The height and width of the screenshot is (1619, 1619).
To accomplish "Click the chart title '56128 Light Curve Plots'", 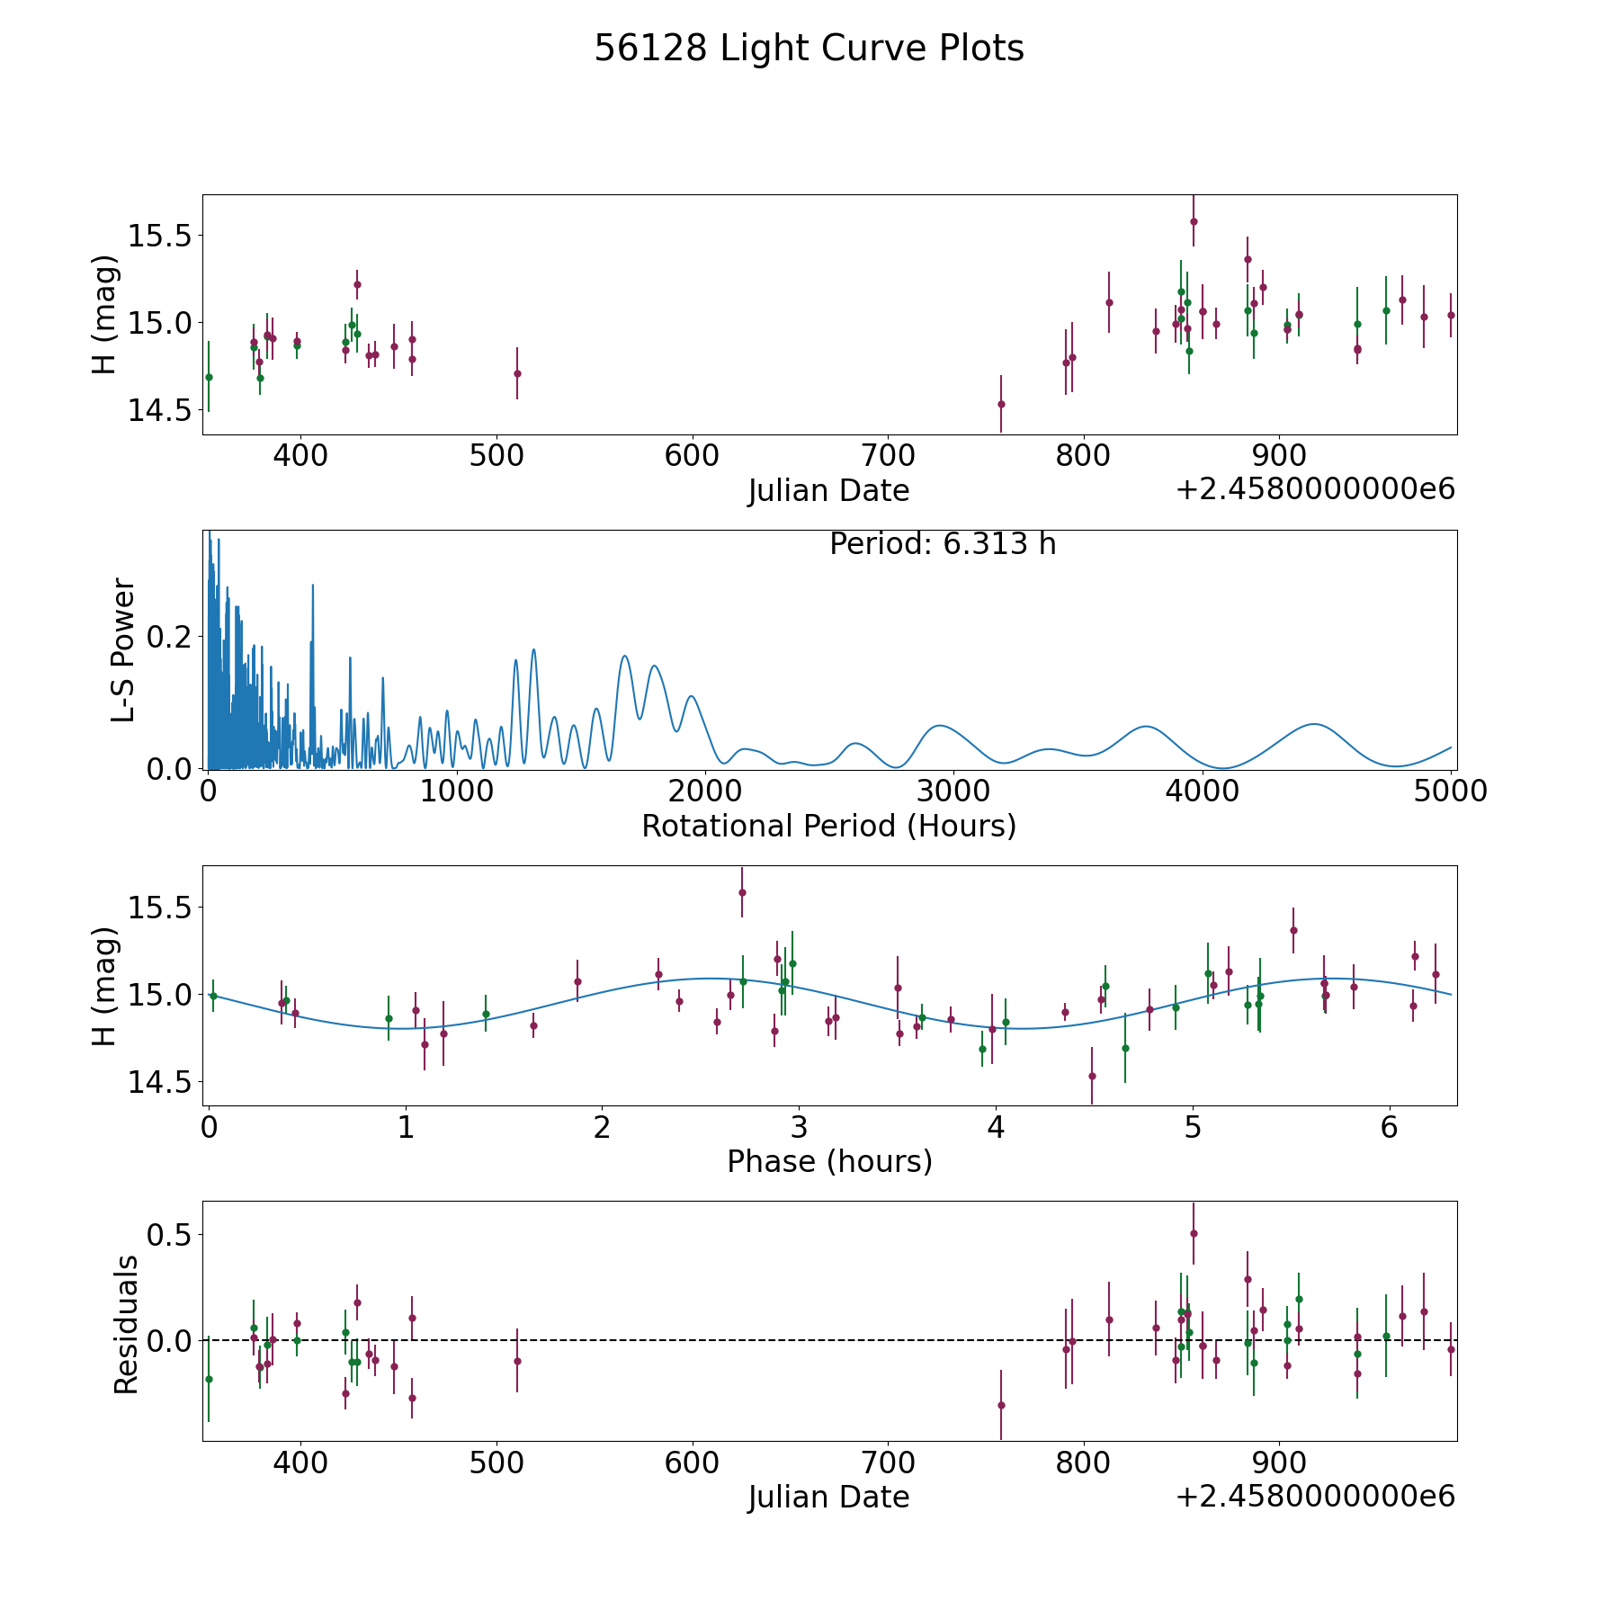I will [809, 49].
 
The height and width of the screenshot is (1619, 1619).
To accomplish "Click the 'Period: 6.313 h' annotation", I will [942, 544].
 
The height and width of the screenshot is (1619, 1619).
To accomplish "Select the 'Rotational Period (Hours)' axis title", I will [828, 826].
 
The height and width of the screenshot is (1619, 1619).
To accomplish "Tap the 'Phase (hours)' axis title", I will [828, 1161].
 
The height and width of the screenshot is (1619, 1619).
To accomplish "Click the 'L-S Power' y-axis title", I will [123, 649].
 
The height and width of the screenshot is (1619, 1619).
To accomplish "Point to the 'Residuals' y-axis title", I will [126, 1324].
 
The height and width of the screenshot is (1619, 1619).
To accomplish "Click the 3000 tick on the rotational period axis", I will [953, 792].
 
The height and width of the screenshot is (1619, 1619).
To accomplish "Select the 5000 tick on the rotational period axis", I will [1450, 792].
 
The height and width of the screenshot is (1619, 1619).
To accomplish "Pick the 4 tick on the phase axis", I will [996, 1127].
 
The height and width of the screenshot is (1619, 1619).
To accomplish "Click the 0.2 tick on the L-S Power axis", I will [170, 637].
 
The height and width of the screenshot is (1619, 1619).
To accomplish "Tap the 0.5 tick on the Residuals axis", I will [170, 1235].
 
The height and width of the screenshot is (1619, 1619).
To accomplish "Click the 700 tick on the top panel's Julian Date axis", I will [888, 456].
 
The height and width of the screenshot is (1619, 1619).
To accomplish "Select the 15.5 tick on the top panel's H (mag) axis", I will [158, 237].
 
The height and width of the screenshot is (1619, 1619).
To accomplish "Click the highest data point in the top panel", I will [1194, 221].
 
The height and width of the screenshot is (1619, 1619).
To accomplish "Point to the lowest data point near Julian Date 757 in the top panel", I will [1001, 404].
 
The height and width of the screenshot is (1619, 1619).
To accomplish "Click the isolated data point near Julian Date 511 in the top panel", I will [517, 373].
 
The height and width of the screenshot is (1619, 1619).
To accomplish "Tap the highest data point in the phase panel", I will [742, 892].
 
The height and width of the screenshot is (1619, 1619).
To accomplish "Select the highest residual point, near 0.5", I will [1194, 1233].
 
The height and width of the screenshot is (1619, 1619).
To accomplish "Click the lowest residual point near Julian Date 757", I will [1001, 1405].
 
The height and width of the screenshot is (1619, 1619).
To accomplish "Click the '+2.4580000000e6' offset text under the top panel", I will [1315, 489].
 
